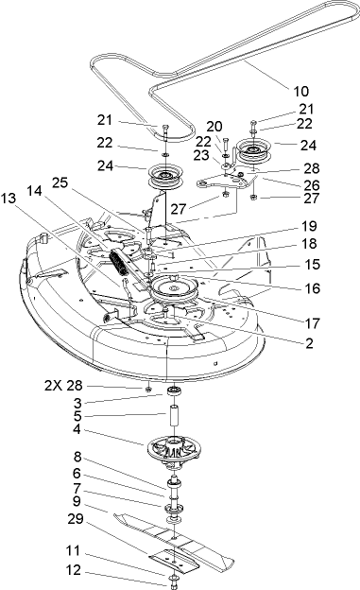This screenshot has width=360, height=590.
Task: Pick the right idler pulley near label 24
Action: (253, 149)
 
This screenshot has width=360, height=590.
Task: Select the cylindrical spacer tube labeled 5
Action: (175, 417)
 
